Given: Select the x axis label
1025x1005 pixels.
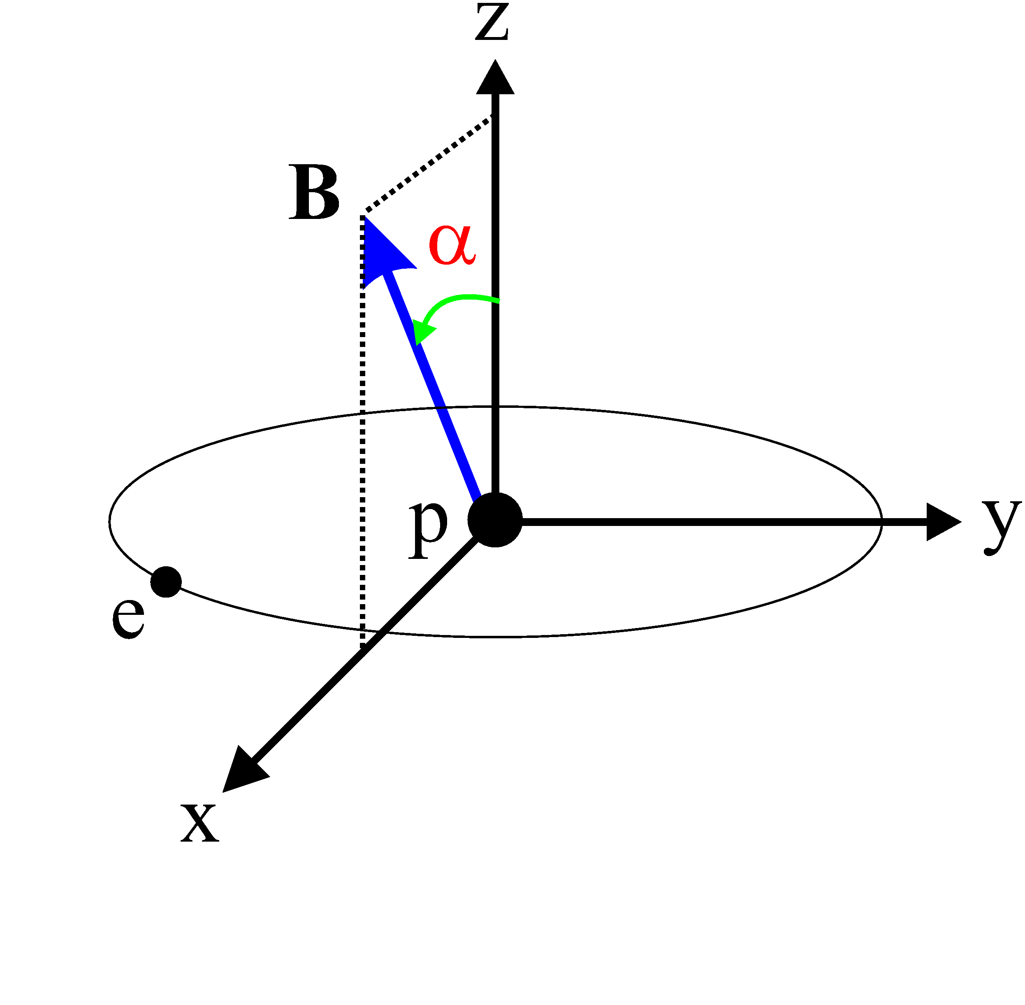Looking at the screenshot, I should (199, 824).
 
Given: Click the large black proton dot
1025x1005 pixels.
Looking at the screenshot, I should (495, 520).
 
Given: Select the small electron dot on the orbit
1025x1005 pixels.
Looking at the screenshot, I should (166, 582).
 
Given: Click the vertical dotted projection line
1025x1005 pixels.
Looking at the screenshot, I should (362, 449).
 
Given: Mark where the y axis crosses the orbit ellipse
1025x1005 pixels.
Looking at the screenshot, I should (881, 521).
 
